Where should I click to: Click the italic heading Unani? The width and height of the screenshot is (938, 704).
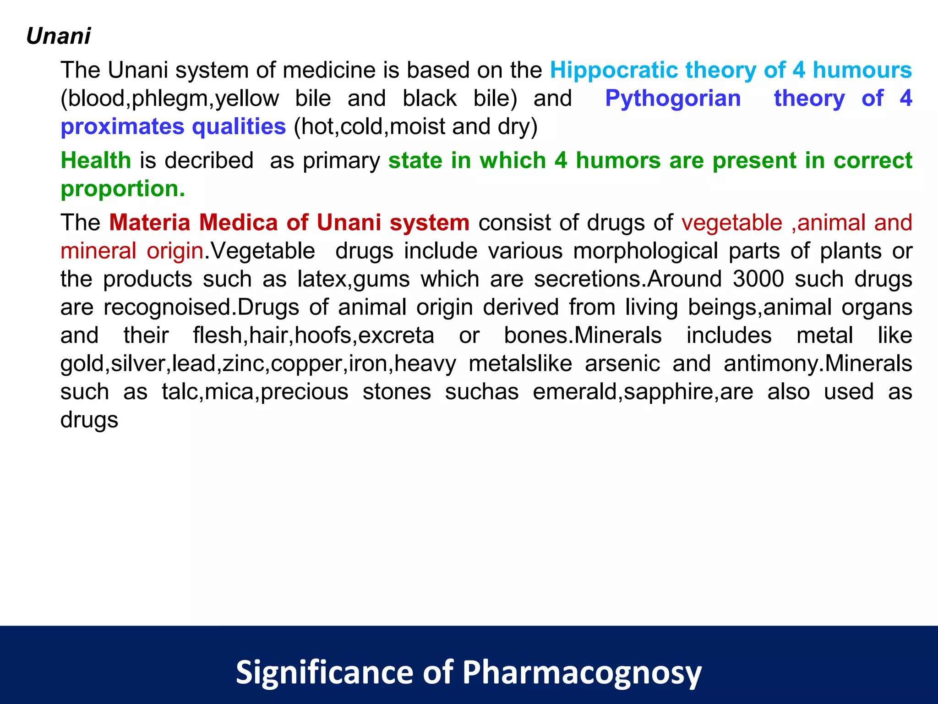coord(59,36)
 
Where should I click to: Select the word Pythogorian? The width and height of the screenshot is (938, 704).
coord(673,98)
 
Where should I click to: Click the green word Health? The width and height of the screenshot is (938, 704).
coord(96,160)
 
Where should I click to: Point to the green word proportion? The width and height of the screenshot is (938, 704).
coord(123,188)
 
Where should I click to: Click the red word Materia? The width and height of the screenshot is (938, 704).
coord(149,223)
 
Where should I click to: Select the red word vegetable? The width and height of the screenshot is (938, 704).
coord(731,223)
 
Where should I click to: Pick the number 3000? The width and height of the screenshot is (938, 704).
coord(758,279)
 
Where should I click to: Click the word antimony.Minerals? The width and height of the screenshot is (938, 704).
coord(818,363)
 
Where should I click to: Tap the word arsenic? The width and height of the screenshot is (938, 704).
coord(622,363)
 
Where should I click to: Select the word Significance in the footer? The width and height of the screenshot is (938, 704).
coord(324,672)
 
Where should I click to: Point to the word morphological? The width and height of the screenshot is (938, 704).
coord(645,251)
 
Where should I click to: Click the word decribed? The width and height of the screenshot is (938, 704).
coord(209,160)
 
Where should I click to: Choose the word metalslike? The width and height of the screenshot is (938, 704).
coord(520,363)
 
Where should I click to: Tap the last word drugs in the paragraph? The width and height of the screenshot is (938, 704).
coord(89,420)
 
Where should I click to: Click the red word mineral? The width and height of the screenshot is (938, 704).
coord(98,251)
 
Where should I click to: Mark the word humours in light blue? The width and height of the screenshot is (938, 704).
coord(862,70)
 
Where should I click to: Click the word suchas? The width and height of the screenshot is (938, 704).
coord(482,392)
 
